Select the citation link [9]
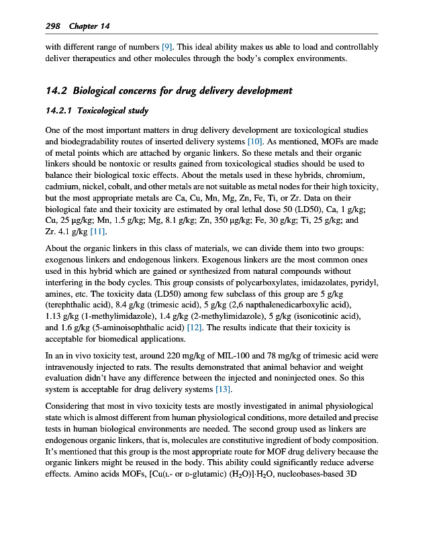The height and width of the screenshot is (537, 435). [168, 47]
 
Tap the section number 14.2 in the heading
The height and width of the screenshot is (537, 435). [56, 91]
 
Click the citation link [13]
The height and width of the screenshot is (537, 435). [222, 389]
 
